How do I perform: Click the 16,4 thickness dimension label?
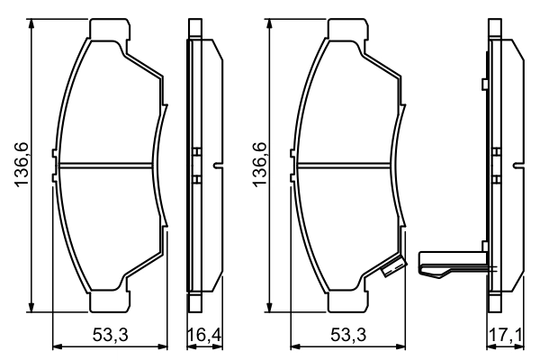tap(203, 336)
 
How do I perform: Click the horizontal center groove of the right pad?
tap(346, 165)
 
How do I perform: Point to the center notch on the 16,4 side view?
tap(217, 165)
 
